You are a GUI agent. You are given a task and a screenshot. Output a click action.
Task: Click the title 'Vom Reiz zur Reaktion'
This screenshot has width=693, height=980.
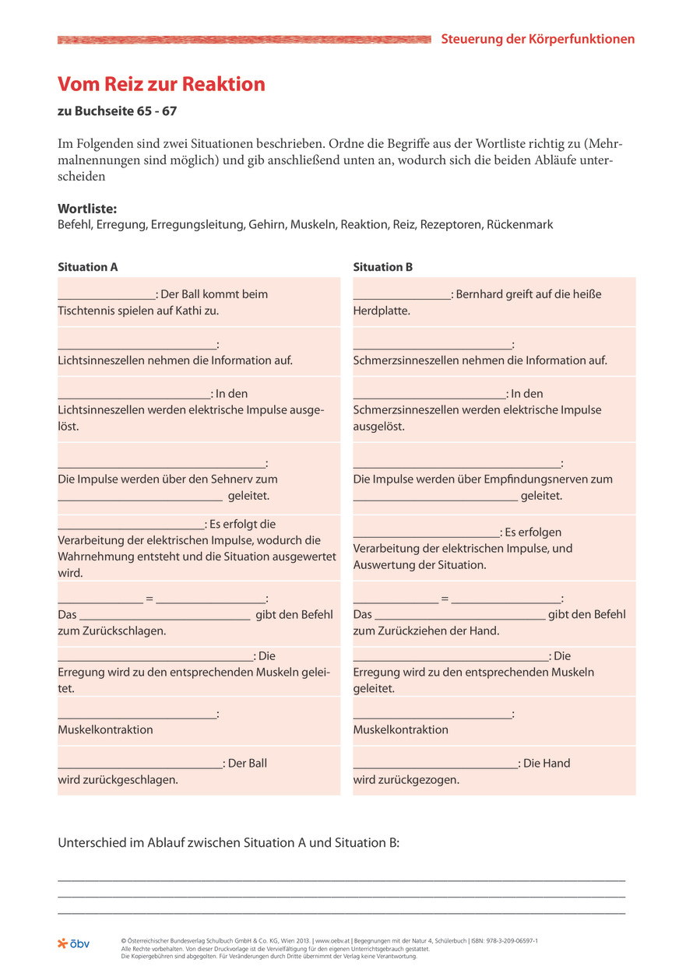(x=161, y=84)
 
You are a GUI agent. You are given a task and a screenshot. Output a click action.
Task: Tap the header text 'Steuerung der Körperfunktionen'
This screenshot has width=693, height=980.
(x=537, y=39)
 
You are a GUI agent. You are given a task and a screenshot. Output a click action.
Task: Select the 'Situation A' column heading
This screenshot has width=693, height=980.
(x=88, y=267)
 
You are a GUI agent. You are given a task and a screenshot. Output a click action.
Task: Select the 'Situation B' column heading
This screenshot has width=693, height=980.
(x=383, y=267)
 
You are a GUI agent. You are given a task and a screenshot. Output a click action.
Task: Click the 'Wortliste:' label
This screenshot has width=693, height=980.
(x=87, y=209)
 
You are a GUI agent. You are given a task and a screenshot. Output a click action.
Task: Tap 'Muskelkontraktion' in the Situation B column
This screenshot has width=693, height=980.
(x=400, y=729)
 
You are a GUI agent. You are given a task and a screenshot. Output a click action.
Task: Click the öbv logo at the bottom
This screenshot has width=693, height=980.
(x=74, y=943)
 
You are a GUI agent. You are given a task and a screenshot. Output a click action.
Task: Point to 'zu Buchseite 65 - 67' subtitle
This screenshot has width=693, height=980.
(x=117, y=111)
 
